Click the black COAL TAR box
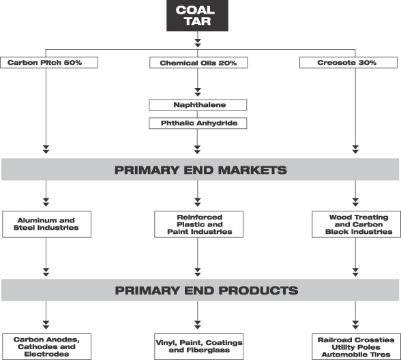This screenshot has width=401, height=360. click(x=197, y=16)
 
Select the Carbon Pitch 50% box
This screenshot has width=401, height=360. click(x=49, y=63)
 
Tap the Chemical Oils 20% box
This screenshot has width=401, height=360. click(x=198, y=63)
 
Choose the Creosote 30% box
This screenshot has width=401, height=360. click(x=348, y=63)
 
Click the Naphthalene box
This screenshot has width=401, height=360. click(x=198, y=105)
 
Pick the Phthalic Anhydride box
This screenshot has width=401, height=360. click(x=198, y=123)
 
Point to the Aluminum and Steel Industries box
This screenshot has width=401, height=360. click(x=47, y=224)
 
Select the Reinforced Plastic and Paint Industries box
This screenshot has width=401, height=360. click(x=198, y=224)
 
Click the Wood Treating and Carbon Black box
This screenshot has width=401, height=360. click(x=356, y=224)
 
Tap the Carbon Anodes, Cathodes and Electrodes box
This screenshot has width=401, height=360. click(x=47, y=346)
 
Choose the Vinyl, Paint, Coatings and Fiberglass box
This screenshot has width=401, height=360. click(x=198, y=346)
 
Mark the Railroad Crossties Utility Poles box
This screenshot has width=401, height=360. click(x=356, y=346)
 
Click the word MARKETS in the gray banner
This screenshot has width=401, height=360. click(x=252, y=170)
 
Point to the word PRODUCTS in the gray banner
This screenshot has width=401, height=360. click(x=258, y=290)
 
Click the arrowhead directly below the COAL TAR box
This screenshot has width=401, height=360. click(x=198, y=43)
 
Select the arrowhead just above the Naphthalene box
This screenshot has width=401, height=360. click(x=198, y=92)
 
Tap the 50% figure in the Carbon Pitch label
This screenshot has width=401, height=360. click(x=73, y=63)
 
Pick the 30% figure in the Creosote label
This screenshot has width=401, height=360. click(x=367, y=63)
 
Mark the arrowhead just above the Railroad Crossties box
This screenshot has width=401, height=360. click(x=355, y=325)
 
